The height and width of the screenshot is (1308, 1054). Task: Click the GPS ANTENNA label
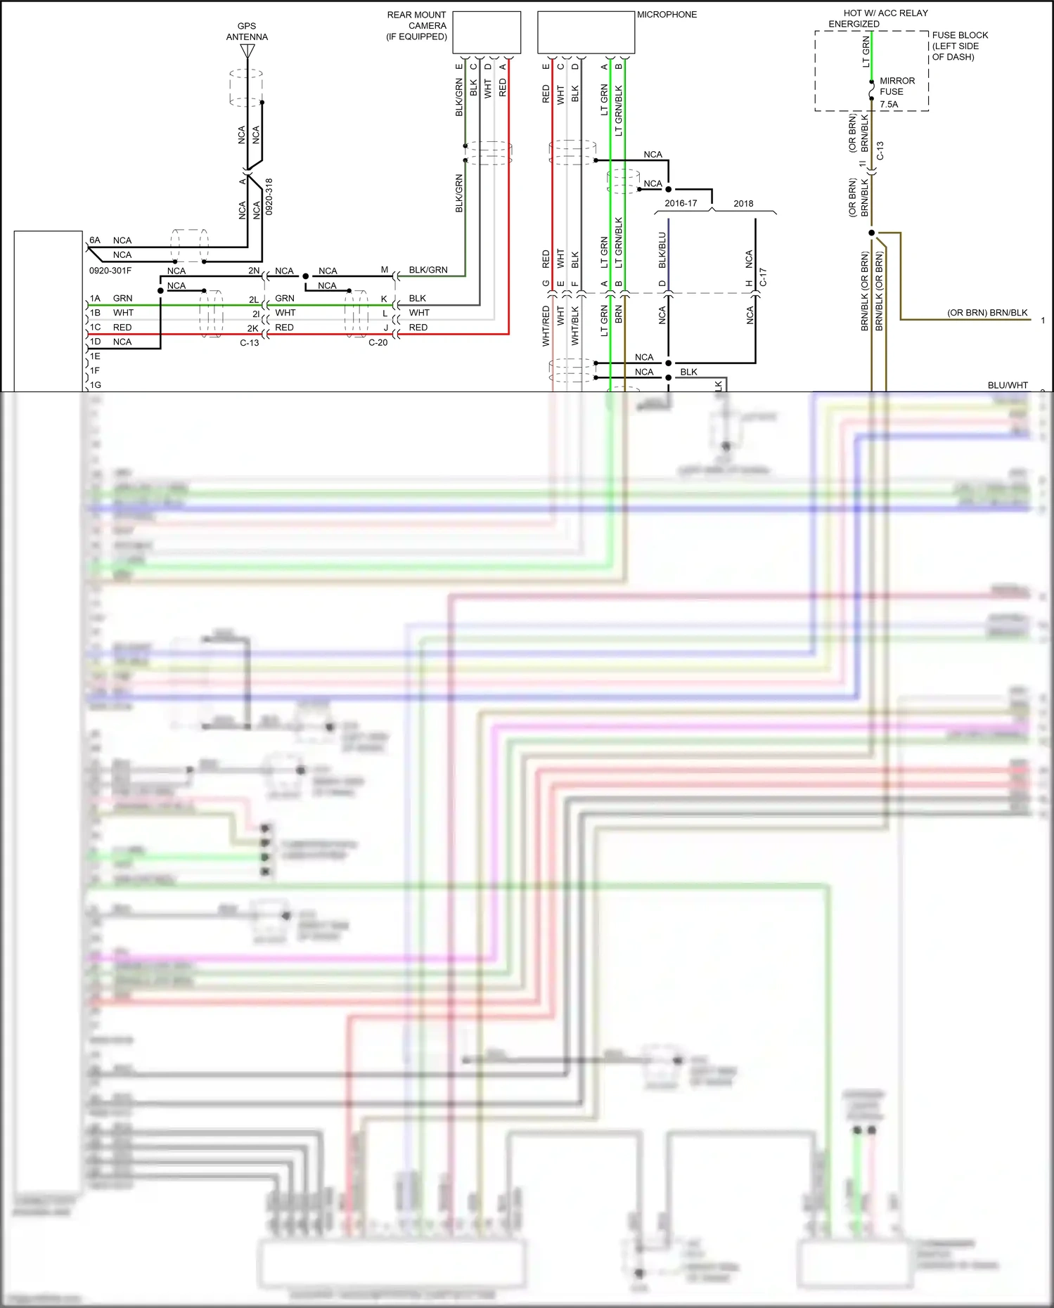[x=247, y=32]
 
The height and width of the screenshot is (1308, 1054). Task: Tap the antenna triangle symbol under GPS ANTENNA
[x=247, y=51]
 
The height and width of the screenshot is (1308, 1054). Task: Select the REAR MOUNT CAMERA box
[x=487, y=32]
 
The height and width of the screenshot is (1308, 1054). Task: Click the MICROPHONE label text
[x=667, y=15]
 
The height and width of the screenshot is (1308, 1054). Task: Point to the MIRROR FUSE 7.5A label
[x=896, y=92]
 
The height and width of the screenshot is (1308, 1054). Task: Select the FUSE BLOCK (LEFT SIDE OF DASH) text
[x=959, y=46]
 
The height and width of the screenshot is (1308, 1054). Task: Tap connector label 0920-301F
[x=110, y=271]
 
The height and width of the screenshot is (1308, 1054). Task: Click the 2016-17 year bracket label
[x=681, y=204]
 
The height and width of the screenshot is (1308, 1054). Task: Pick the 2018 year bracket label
[x=743, y=204]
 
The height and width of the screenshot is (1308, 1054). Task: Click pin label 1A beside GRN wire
[x=95, y=299]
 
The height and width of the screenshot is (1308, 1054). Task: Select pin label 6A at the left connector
[x=95, y=240]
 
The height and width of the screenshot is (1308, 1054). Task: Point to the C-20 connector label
[x=378, y=343]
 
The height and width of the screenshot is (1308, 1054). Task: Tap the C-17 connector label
[x=763, y=277]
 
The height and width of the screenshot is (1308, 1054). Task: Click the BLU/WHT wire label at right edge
[x=1007, y=385]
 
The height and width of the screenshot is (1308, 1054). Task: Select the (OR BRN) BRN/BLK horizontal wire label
[x=986, y=313]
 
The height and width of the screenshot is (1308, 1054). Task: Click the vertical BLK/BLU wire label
[x=662, y=250]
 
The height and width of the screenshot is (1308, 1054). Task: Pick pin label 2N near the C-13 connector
[x=254, y=271]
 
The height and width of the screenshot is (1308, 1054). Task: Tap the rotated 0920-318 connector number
[x=269, y=197]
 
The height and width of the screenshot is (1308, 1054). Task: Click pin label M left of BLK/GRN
[x=385, y=270]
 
